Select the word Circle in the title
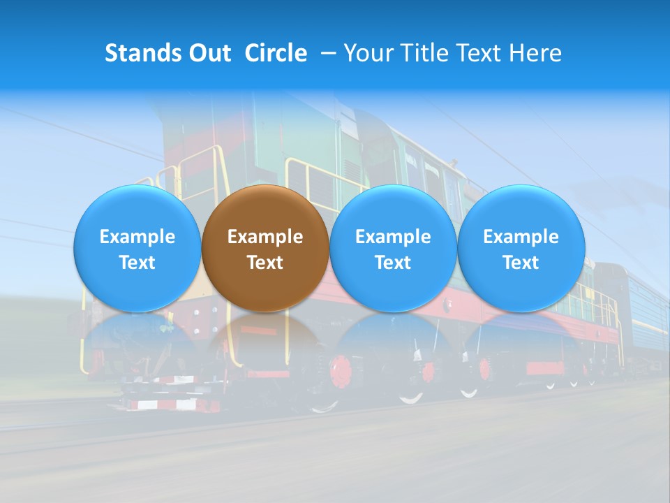tap(276, 53)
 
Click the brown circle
tap(265, 248)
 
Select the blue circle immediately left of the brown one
tap(137, 248)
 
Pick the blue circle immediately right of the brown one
tap(393, 248)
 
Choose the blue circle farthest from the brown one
tap(521, 248)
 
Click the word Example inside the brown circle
tap(265, 237)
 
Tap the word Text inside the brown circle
tap(265, 263)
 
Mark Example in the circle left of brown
tap(137, 237)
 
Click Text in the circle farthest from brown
tap(521, 263)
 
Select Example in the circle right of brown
tap(393, 237)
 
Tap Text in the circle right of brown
tap(393, 263)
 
